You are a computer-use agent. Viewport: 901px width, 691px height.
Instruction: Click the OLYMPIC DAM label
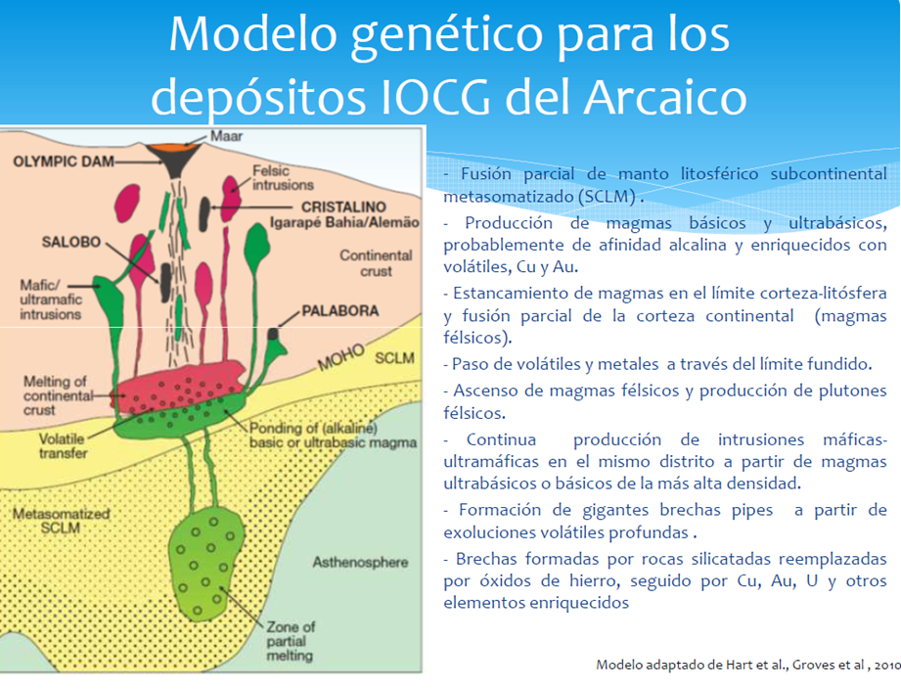(64, 161)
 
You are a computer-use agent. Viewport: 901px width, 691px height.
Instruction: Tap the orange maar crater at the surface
(172, 148)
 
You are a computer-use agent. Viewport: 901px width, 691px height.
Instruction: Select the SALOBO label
(70, 242)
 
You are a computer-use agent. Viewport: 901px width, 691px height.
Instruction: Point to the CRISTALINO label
(343, 207)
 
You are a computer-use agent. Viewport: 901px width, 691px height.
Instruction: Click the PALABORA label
(340, 311)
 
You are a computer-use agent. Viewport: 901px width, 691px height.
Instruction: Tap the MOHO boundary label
(341, 357)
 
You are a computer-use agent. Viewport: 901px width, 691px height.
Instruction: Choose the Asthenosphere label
(360, 562)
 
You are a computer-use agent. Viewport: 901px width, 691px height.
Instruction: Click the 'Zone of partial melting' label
(291, 641)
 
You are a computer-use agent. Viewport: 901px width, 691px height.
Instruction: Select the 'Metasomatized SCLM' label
(62, 521)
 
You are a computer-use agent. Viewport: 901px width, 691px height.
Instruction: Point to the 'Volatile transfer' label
(63, 446)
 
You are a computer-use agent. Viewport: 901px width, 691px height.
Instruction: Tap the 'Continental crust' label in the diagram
(376, 263)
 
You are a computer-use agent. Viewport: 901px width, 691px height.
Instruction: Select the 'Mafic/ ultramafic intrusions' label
(51, 299)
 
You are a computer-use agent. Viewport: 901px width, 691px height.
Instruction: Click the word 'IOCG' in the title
(436, 97)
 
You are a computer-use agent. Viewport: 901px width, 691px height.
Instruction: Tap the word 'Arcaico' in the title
(665, 97)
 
